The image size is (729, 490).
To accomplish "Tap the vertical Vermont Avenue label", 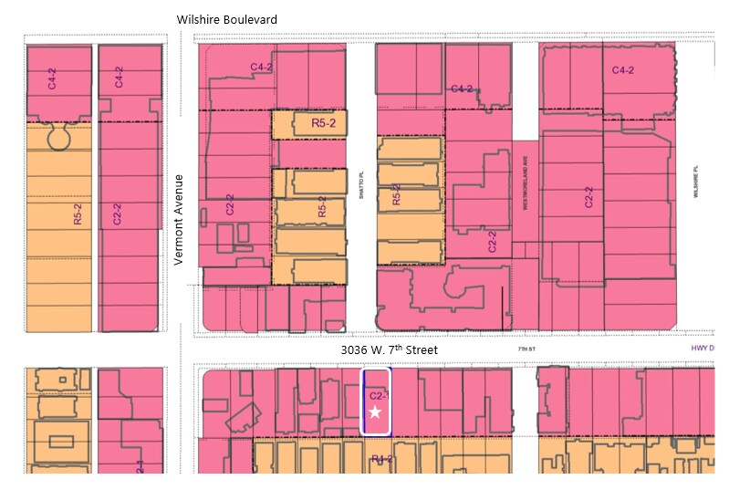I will pos(180,219).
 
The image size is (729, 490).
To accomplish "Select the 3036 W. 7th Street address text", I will pos(389,349).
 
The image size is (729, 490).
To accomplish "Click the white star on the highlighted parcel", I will pos(375,412).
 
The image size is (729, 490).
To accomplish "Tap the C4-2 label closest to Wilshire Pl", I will pos(623,70).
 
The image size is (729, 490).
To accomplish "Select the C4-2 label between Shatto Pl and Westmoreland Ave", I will pos(463,89).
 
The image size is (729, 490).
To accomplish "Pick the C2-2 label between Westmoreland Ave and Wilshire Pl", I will pos(589,199).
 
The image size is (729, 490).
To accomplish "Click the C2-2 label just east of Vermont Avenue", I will pos(230,207).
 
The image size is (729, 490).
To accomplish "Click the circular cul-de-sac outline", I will pos(59,140).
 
